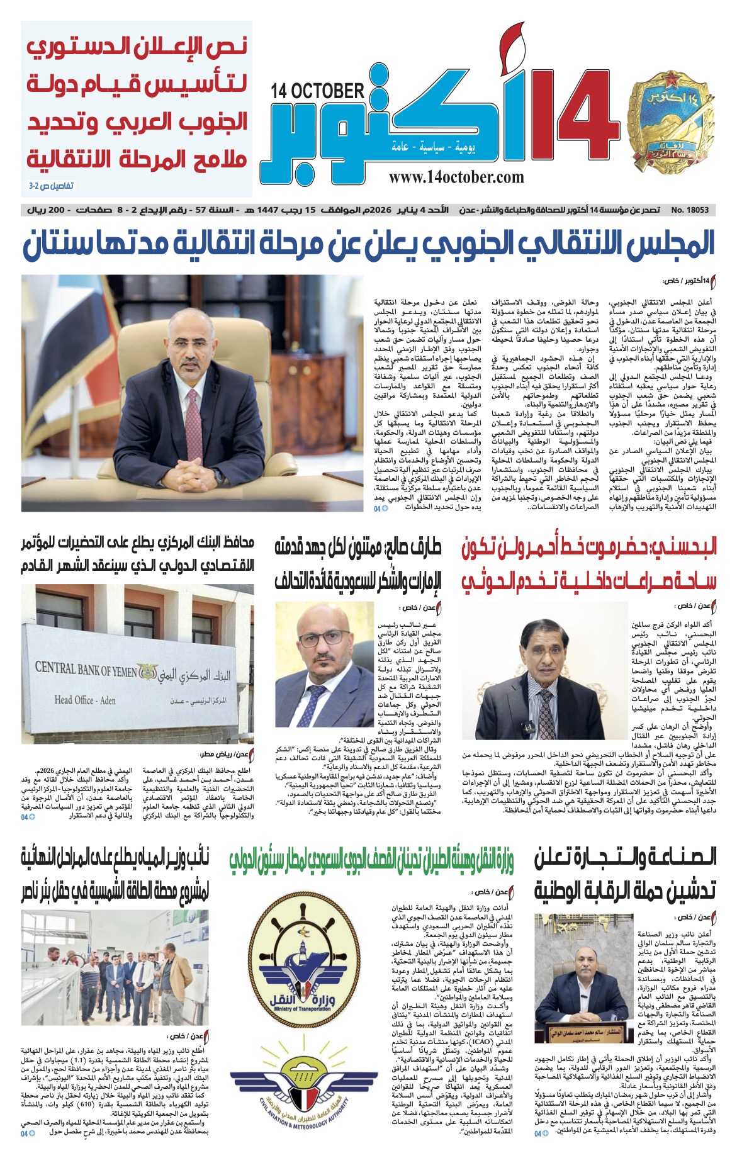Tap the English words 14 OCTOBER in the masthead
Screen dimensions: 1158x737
click(318, 91)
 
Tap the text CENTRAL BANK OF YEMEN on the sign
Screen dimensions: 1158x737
click(86, 670)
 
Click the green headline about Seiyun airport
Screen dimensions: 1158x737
click(371, 861)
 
